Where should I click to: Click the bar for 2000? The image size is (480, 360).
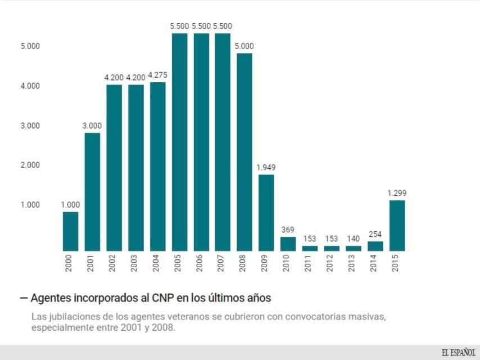pos(70,231)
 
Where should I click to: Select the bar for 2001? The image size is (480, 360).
pos(92,192)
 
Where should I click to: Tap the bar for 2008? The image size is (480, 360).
pos(244,152)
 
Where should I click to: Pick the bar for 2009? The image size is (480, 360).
pos(266,213)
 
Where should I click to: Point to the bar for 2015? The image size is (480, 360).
pos(397,226)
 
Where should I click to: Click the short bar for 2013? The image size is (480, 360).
pos(354,248)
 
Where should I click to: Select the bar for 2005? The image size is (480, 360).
pos(179,142)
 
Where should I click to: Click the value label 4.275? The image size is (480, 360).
pos(157,75)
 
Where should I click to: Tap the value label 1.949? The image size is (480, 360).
pos(266,168)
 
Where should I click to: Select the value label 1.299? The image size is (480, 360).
pos(397,193)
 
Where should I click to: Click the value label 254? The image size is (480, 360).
pos(375,234)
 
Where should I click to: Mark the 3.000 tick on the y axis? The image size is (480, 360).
pos(30,125)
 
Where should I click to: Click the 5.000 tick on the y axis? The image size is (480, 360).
pos(30,46)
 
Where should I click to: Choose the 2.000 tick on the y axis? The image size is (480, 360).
pos(30,165)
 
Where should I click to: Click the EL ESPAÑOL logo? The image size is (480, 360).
pos(458,352)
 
